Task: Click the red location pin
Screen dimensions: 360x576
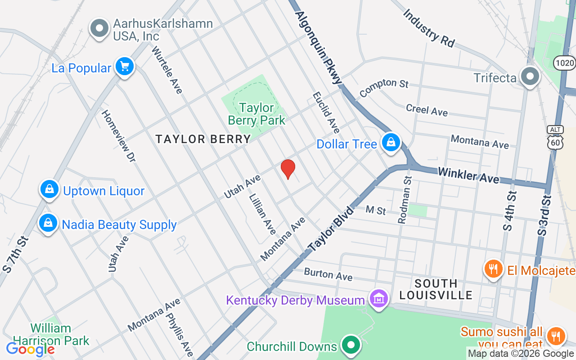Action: coord(288,169)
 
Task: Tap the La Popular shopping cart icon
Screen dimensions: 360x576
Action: coord(124,67)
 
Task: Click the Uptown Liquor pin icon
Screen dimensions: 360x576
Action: coord(49,189)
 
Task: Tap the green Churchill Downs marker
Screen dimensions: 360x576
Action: coord(351,345)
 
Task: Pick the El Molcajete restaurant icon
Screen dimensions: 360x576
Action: coord(494,269)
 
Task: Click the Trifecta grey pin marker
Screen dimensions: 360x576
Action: coord(531,76)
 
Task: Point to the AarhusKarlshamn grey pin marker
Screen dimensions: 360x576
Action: coord(99,28)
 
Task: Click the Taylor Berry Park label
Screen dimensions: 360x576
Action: coord(256,114)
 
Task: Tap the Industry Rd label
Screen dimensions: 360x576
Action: coord(428,28)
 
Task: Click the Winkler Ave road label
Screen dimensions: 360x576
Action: coord(468,175)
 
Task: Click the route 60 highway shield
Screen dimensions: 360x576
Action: coord(555,140)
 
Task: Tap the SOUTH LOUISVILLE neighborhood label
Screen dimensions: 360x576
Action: coord(436,289)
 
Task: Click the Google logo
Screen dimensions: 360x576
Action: coord(30,349)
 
